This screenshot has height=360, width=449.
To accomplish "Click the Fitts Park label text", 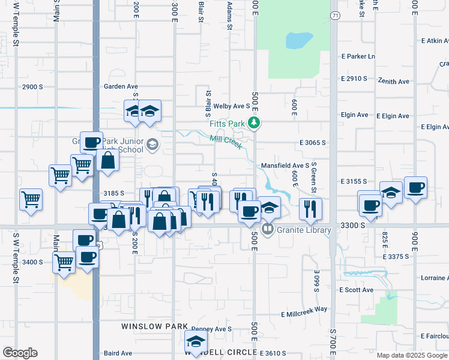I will tap(229, 124).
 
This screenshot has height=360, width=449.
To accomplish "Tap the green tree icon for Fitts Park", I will tap(255, 123).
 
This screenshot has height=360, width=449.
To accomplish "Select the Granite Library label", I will tap(304, 230).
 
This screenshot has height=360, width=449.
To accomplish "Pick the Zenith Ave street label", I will tap(393, 81).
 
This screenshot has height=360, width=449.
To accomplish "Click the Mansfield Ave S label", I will tap(285, 165).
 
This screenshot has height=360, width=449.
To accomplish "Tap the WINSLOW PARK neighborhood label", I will tap(146, 326).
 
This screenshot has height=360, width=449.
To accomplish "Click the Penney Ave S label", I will tap(212, 329).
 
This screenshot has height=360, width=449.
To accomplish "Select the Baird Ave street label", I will tap(117, 353).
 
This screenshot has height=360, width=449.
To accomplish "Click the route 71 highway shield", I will tap(335, 15).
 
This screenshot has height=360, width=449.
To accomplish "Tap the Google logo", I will tap(20, 352).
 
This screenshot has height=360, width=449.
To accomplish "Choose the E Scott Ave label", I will tap(357, 290).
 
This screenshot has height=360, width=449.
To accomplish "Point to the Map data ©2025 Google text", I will tap(411, 355).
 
